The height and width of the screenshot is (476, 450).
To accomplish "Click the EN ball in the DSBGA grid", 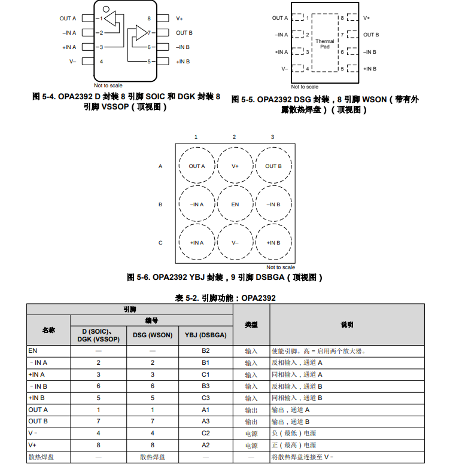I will [235, 205].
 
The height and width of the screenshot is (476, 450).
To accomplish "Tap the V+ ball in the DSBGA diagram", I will [235, 166].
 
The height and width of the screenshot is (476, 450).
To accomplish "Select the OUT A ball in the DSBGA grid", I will [197, 166].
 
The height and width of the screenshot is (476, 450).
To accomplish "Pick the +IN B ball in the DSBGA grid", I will [273, 243].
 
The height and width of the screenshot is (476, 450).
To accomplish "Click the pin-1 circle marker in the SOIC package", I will [106, 9].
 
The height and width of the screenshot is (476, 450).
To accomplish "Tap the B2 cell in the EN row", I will [205, 351].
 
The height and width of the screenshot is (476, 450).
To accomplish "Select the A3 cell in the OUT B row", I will [205, 422].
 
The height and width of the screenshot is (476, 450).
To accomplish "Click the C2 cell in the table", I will [205, 434].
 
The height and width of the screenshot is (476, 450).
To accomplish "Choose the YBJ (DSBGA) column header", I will [205, 335].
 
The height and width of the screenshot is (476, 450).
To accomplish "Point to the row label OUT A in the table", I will [38, 410].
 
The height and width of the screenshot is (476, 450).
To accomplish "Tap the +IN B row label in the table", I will [37, 398].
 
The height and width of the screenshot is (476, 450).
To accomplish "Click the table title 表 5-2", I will [225, 298].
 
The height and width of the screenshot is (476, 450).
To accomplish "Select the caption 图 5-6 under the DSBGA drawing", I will [225, 277].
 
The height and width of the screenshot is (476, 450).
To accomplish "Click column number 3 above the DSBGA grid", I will [272, 138].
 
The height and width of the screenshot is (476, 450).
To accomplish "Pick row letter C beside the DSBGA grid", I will [160, 243].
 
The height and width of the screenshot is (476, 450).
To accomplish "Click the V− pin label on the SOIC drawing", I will [72, 61].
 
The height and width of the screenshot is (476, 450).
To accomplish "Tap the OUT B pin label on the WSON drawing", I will [371, 35].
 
